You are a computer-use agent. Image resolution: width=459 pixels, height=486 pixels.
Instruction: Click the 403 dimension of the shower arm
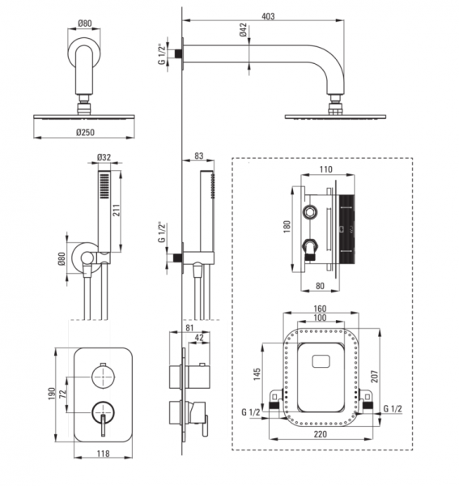point(268,16)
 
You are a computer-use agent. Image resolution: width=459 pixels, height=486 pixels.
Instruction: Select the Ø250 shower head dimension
point(85,132)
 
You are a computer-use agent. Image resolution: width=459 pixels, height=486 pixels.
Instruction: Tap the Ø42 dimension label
point(243,30)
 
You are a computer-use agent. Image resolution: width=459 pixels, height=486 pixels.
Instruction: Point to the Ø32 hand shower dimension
point(104,157)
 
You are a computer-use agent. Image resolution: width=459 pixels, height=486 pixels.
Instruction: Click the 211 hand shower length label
point(116,210)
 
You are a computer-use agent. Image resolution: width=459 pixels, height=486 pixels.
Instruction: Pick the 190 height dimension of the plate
point(52,394)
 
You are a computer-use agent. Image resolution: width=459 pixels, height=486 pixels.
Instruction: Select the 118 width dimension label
point(103,454)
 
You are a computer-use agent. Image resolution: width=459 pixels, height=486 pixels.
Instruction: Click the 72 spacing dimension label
point(63,394)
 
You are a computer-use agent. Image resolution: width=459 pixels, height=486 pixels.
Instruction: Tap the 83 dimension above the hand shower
point(198,156)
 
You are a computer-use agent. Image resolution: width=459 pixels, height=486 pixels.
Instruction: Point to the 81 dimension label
point(189,327)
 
